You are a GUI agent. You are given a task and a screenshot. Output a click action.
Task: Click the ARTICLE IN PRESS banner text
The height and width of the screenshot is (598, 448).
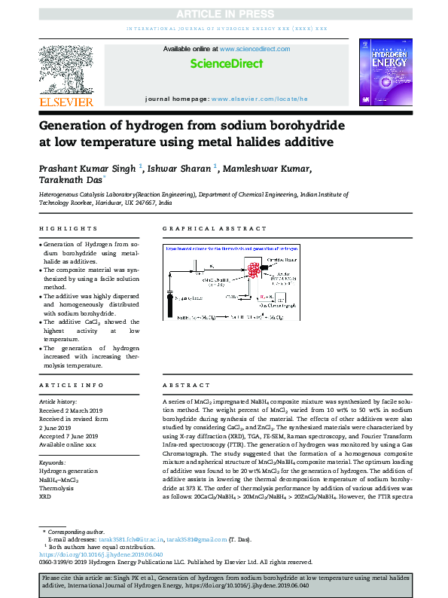tap(224, 13)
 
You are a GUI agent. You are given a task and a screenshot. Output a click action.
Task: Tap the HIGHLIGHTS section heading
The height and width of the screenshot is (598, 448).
tap(69, 228)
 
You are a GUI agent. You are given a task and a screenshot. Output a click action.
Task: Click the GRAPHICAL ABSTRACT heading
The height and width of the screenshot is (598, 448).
tap(215, 228)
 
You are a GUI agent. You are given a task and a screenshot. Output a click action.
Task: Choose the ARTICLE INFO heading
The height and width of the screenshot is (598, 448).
tap(72, 384)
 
